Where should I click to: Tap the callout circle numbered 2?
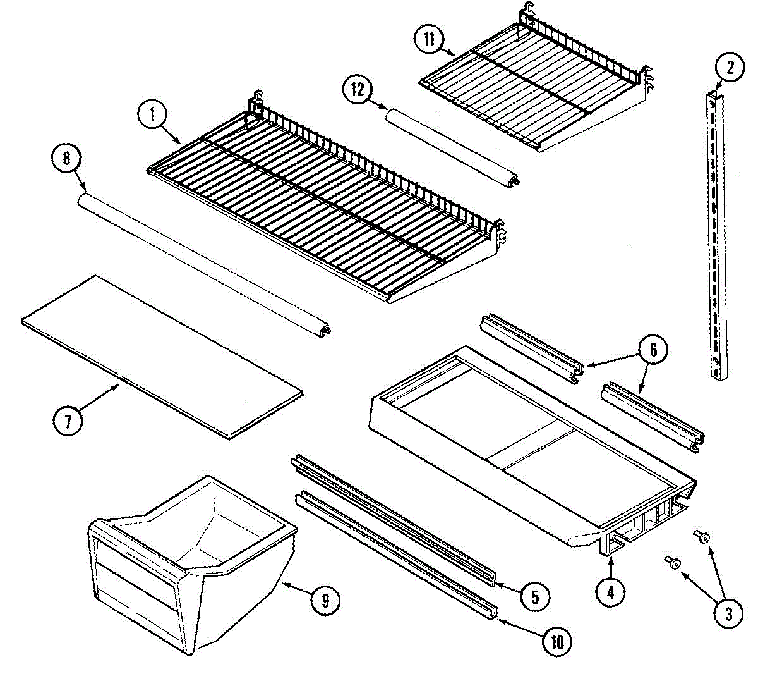coord(730,68)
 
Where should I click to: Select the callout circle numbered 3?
coord(728,613)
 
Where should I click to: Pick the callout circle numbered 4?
coord(610,592)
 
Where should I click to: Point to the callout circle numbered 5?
coord(535,596)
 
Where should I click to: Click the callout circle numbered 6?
coord(653,350)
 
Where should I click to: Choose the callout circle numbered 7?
coord(68,420)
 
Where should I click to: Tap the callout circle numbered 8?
coord(66,158)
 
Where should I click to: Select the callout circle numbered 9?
coord(325,600)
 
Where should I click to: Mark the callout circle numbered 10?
coord(556,642)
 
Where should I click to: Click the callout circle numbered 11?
coord(430,39)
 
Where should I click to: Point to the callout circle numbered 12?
coord(358,89)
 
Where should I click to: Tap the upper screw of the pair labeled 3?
coord(702,537)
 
